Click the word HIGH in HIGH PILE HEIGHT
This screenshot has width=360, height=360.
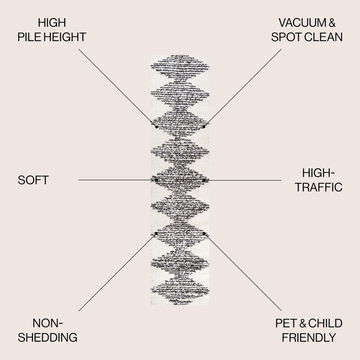(52, 23)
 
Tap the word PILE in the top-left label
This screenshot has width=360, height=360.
(29, 37)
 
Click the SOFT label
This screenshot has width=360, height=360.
(33, 180)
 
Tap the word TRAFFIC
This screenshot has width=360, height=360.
(319, 187)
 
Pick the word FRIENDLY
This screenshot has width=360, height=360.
(309, 337)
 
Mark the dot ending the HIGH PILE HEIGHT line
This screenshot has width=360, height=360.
(157, 126)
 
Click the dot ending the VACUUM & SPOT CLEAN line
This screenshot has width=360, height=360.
(204, 126)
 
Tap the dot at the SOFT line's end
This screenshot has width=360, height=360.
(156, 180)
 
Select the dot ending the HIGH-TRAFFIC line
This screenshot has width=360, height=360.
(204, 180)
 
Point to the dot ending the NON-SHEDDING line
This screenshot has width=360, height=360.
(156, 234)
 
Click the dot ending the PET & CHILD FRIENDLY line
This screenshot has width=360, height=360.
(204, 234)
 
